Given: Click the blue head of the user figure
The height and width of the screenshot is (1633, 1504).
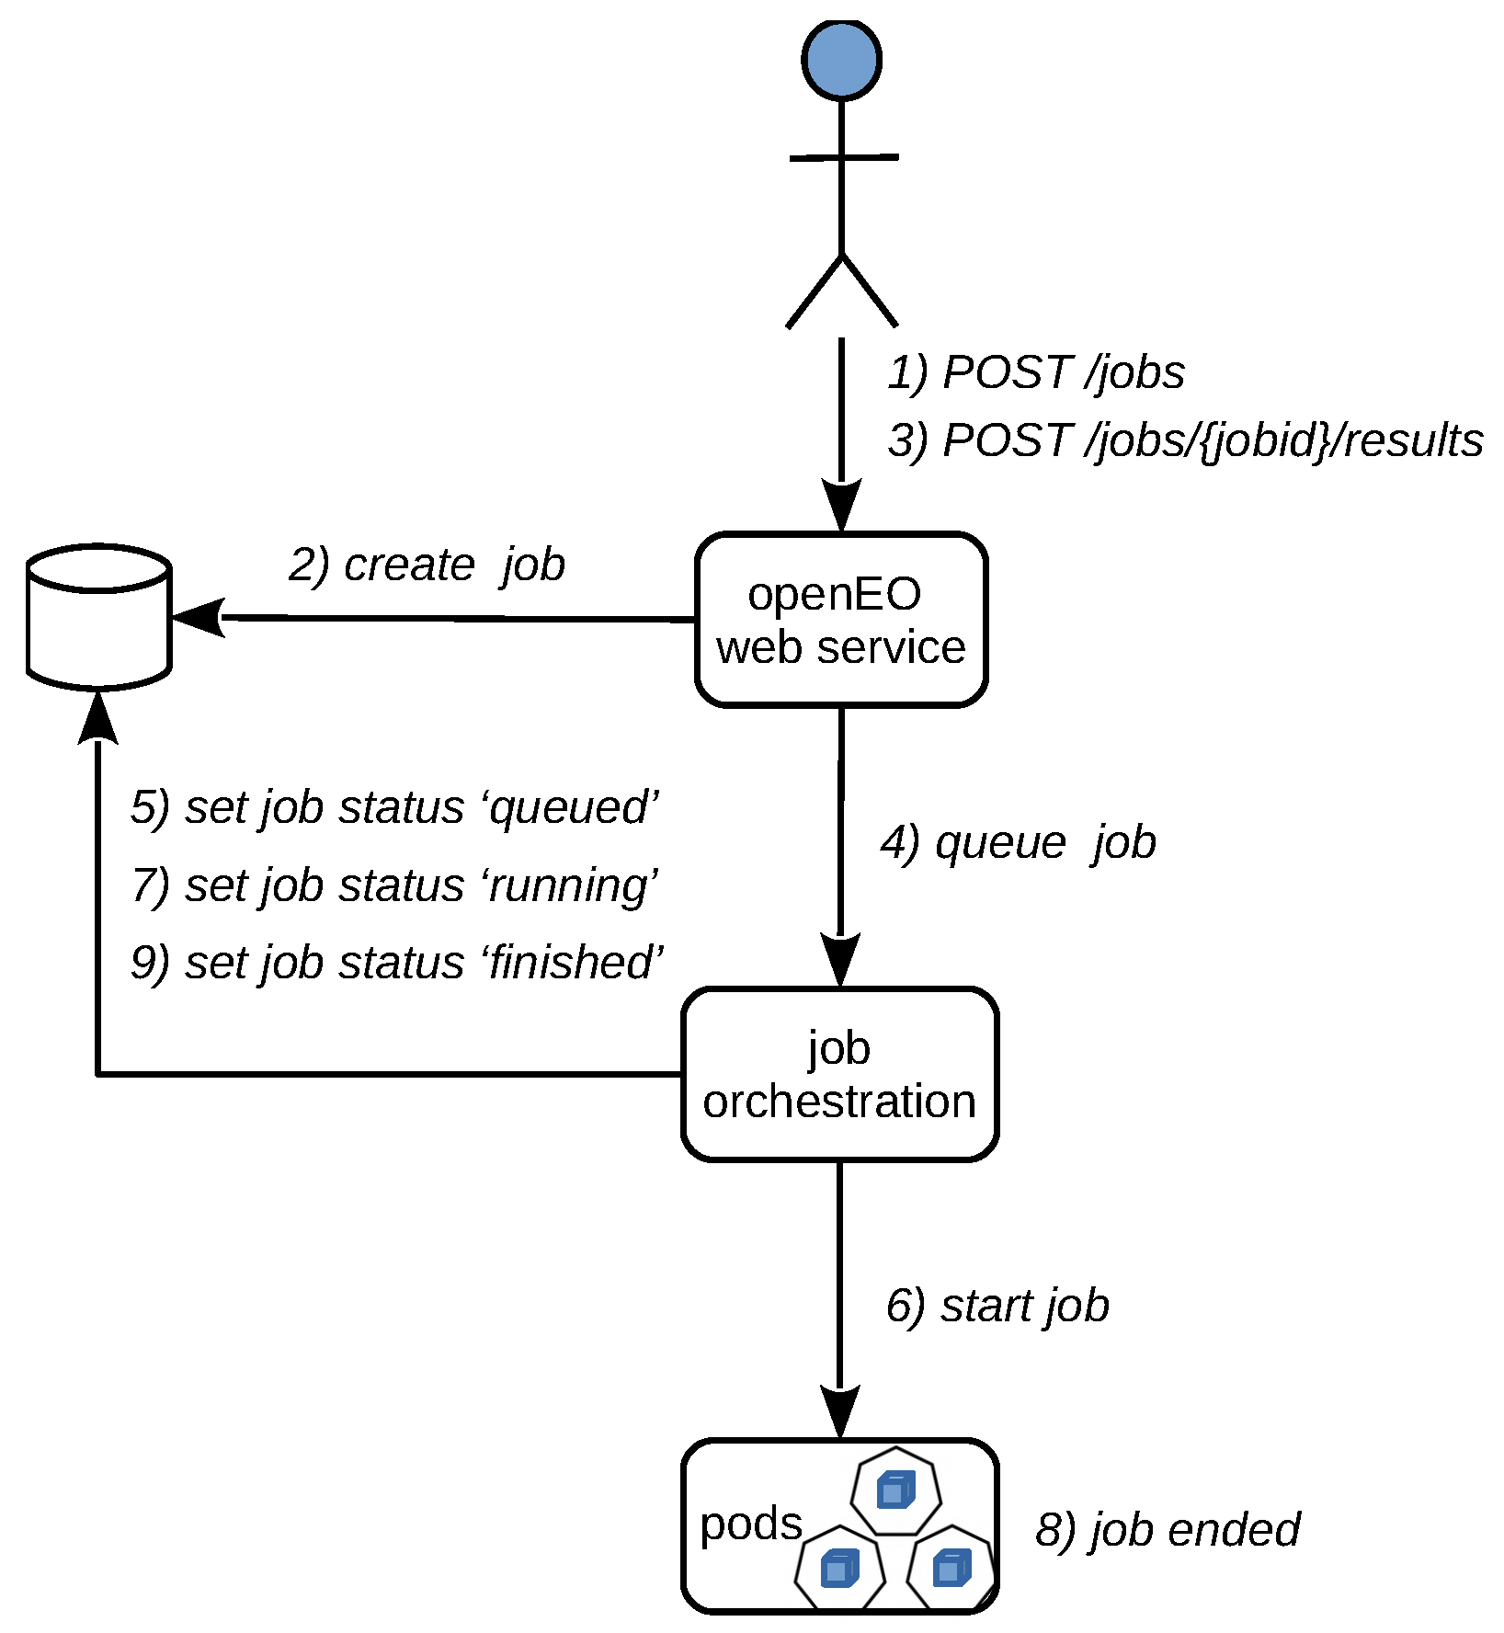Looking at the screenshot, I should (841, 60).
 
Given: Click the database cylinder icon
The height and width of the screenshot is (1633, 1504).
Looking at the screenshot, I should (99, 617).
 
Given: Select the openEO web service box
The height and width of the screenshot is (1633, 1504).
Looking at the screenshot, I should (841, 620).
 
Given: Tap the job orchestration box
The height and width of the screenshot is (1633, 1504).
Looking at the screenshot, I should (839, 1074).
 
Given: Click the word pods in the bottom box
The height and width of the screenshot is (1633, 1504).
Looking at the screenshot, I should (750, 1524).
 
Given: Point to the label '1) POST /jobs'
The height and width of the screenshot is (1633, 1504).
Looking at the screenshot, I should (1036, 372).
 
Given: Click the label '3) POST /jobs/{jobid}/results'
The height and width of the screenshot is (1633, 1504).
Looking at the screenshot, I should (1185, 440).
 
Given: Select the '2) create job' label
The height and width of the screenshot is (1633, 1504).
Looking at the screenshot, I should (427, 565).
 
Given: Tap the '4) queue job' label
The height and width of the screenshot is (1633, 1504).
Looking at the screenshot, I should (1018, 842).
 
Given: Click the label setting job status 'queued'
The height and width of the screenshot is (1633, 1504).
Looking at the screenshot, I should (394, 807).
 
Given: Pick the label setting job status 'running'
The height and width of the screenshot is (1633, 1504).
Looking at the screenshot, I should (394, 885).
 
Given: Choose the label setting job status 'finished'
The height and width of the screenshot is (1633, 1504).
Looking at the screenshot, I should (396, 963).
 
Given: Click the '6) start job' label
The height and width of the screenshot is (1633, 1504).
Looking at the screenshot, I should (997, 1306).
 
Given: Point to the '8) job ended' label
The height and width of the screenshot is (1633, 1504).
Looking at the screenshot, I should (1168, 1530).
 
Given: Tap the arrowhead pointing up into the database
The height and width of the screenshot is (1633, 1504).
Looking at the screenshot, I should (98, 718).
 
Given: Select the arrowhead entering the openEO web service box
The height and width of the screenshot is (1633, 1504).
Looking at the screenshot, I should (841, 506).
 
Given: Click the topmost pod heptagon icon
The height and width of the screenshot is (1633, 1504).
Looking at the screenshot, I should (895, 1490).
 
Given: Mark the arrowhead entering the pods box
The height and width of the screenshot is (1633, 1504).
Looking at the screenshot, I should (839, 1412).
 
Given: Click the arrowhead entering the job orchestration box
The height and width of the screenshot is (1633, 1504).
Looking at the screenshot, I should (840, 961).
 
